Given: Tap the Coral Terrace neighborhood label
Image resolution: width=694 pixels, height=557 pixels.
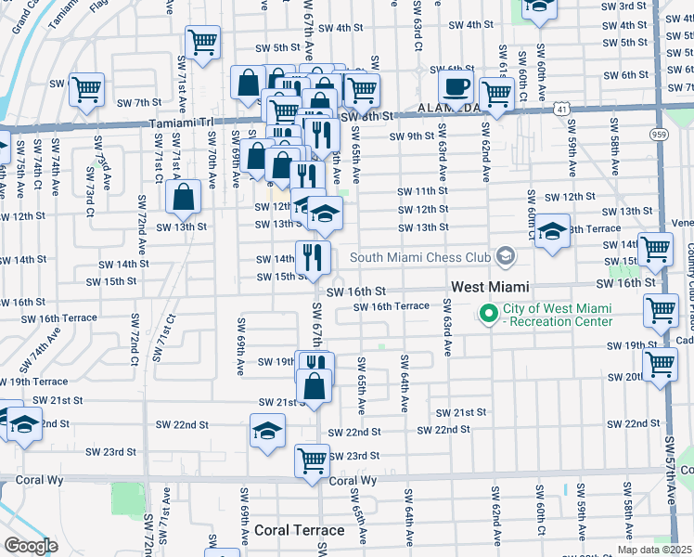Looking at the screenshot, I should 299,531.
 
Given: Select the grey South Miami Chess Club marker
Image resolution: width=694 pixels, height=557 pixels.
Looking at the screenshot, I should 505,255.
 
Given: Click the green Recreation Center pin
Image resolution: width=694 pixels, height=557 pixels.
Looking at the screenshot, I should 488,315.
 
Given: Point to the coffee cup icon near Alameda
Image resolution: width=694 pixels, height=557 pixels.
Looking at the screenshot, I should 455,89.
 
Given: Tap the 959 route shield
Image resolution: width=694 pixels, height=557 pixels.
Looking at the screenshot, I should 659,135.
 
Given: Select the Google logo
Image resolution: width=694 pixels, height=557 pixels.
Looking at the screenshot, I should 31,546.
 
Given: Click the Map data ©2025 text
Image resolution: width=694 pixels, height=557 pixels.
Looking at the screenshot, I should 656,550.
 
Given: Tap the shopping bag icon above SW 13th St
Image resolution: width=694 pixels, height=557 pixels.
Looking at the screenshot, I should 184,196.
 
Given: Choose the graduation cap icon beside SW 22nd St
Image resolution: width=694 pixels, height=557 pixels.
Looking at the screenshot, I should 266,431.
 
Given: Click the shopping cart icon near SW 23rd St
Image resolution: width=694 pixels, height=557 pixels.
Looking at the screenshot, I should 312,460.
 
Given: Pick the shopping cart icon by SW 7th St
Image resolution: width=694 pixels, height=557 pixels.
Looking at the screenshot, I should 86,90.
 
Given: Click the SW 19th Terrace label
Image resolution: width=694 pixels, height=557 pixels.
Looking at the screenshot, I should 34,382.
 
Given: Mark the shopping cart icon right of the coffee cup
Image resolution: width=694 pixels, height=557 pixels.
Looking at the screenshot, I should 496,93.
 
